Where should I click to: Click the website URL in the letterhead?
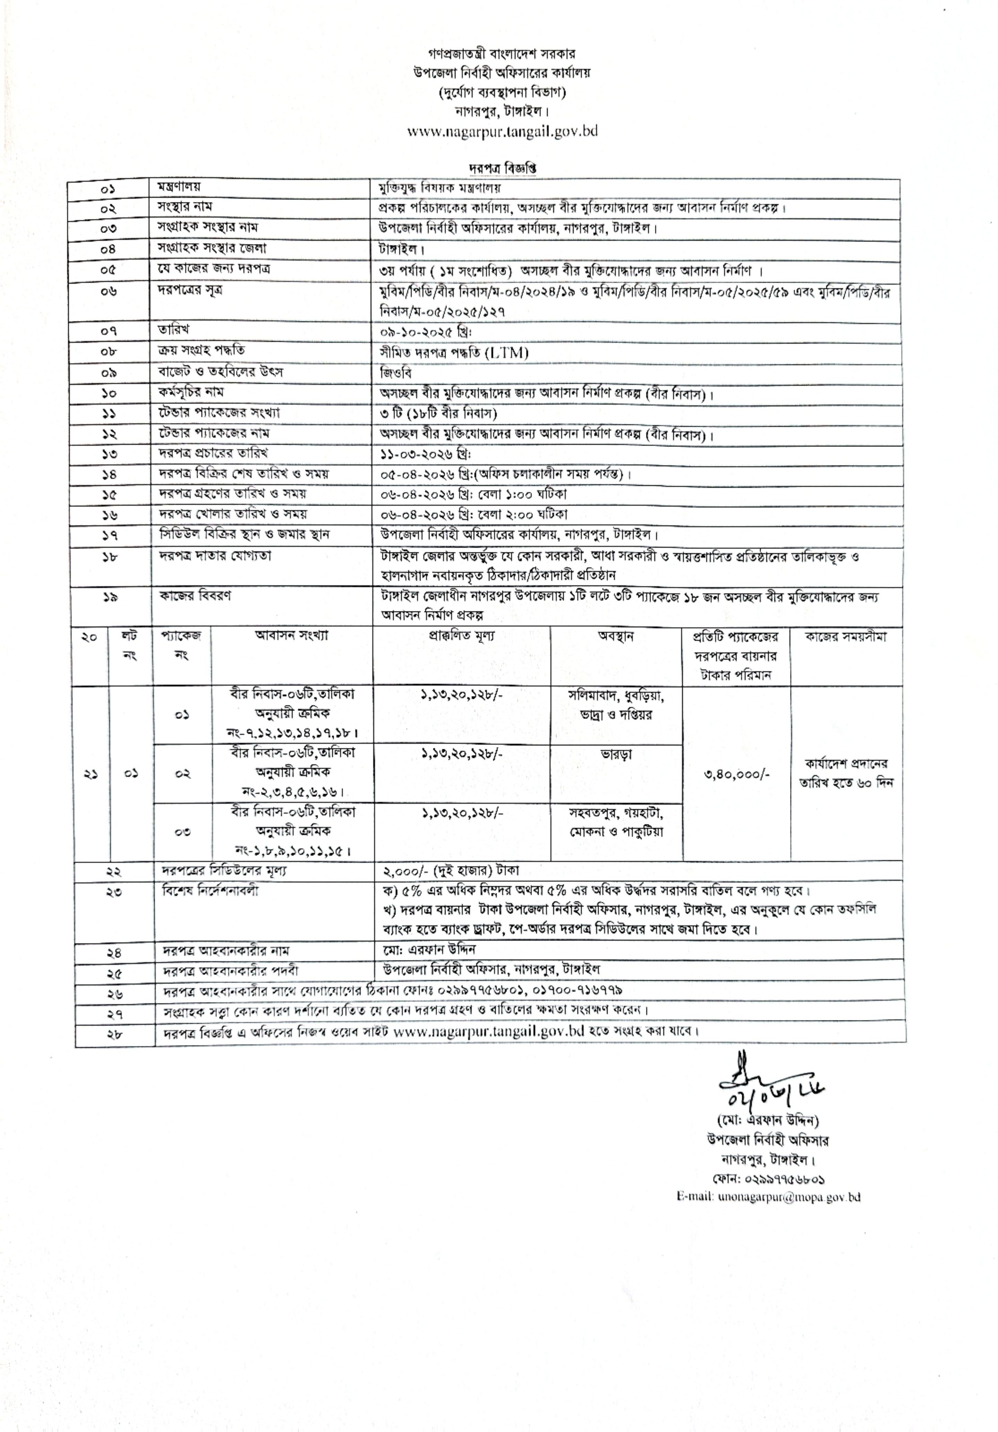point(502,132)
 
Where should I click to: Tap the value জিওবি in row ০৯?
point(395,373)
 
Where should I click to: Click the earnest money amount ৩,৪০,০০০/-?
point(737,774)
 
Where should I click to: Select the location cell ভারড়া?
point(616,754)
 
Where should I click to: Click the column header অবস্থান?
point(616,636)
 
